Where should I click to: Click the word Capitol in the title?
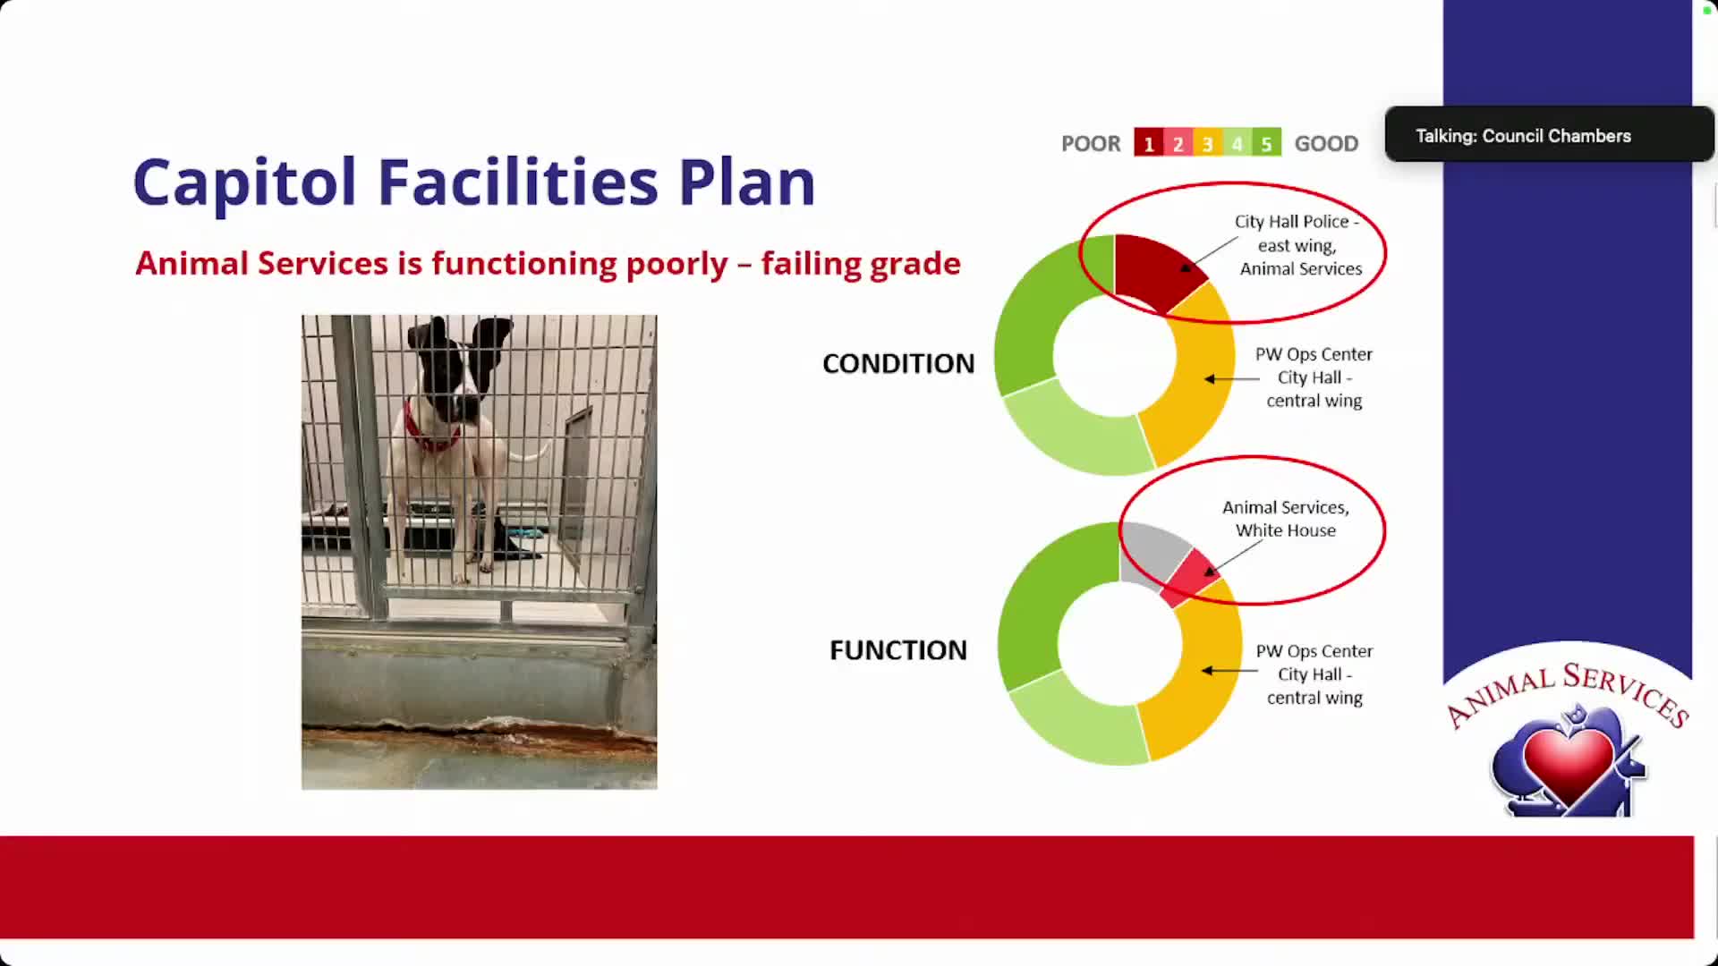(x=244, y=183)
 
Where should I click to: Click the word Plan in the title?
(x=747, y=182)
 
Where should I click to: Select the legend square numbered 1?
(x=1148, y=143)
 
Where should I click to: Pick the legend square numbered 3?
(x=1207, y=143)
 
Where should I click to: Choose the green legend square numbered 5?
(x=1266, y=143)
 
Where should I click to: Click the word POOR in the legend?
(x=1091, y=144)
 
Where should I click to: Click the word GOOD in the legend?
(x=1326, y=144)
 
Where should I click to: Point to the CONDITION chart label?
(x=898, y=364)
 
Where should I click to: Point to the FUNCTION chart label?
(x=898, y=650)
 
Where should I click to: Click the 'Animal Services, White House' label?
(x=1286, y=519)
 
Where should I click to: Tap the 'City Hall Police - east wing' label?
(x=1298, y=233)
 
